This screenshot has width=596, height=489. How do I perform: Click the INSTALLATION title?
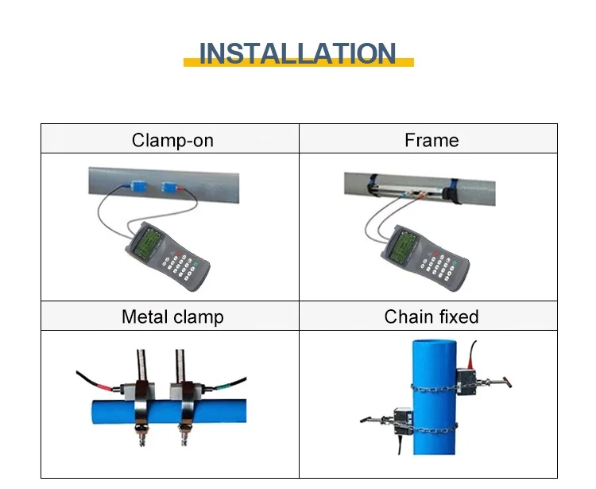(x=297, y=53)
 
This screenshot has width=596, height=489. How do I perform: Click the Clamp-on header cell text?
(x=172, y=141)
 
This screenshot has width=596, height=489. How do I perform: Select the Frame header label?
(x=432, y=141)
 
